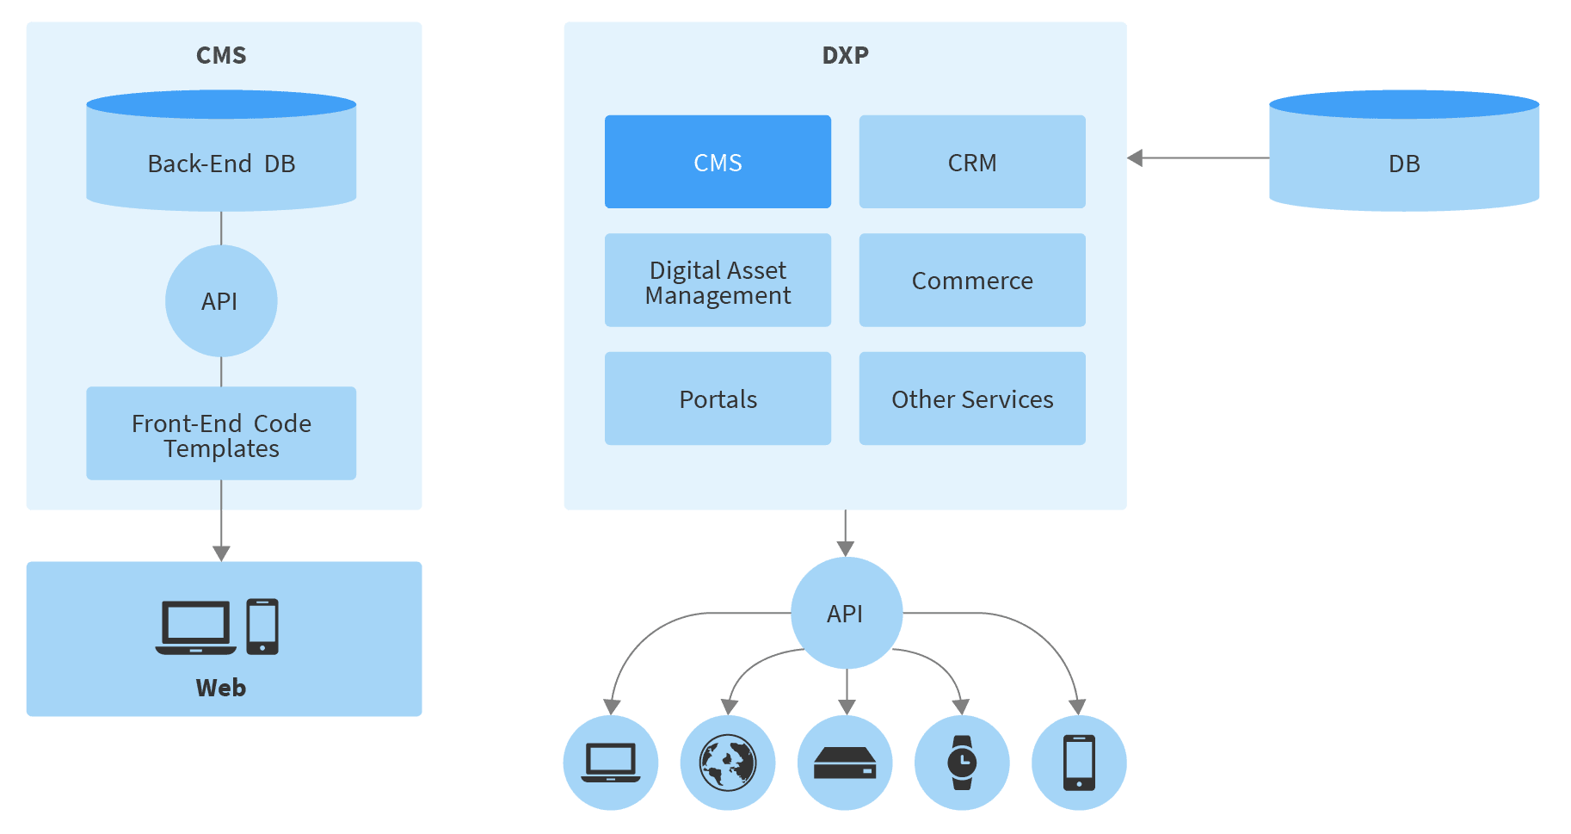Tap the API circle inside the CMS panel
(221, 301)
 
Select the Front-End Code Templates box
(221, 434)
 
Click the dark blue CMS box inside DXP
(718, 162)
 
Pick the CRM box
(972, 162)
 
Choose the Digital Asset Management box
(718, 281)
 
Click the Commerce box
(972, 281)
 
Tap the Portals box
(718, 398)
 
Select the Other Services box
(972, 398)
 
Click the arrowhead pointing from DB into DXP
(1136, 158)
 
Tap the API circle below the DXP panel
(846, 613)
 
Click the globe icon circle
(728, 763)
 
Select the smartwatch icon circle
(962, 763)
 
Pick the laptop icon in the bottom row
(611, 763)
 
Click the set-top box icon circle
(845, 763)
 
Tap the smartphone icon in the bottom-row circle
(1079, 763)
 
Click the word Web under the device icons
(221, 688)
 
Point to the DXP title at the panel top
(845, 55)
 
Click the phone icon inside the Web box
(262, 627)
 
